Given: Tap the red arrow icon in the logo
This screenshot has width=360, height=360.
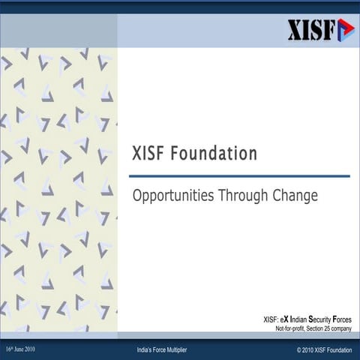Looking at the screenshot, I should click(x=344, y=29).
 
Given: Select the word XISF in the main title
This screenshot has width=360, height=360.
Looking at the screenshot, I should click(x=149, y=154).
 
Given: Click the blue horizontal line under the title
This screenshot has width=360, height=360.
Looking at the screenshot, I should click(x=240, y=176).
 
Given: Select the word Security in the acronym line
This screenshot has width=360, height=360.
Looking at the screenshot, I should click(x=321, y=320).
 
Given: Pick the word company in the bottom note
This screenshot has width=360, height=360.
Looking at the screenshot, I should click(x=341, y=328).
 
